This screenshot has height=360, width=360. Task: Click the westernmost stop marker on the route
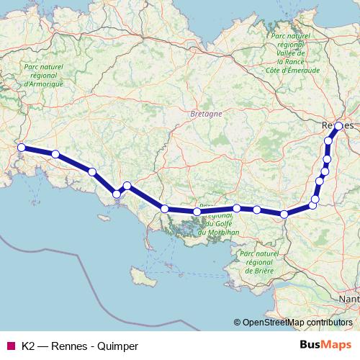coord(21,148)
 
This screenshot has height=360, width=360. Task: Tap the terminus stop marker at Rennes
coord(338,126)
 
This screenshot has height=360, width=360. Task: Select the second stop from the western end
coord(55,153)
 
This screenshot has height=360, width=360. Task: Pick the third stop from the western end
coord(92,171)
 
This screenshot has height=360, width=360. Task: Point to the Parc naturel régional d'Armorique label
coord(40,75)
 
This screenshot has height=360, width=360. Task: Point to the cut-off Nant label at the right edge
coord(351,297)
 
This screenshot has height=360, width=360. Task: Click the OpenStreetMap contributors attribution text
coord(297,322)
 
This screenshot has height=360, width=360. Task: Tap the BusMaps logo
coord(325,346)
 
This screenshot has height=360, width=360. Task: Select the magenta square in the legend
coord(11,346)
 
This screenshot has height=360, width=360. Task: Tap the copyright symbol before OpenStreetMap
coord(238,322)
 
